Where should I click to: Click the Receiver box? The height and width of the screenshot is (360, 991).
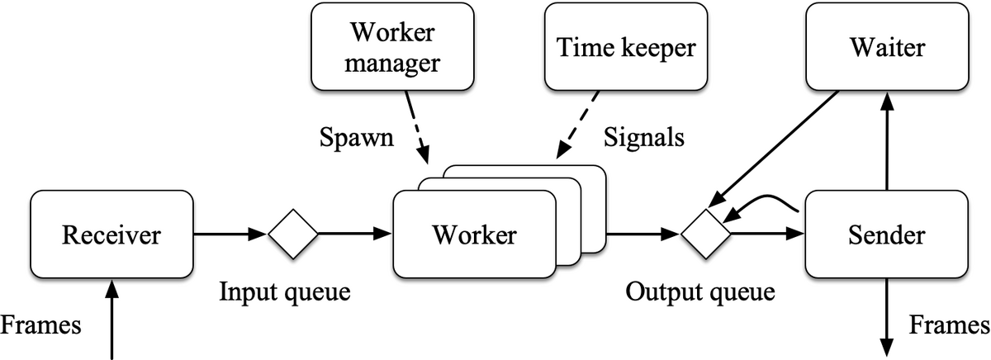(x=112, y=234)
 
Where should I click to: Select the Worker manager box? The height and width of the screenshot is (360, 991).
(x=392, y=47)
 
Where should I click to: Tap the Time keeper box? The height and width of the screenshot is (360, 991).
(x=626, y=47)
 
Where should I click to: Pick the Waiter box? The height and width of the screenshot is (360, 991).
(x=888, y=47)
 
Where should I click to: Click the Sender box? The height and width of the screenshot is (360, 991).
(x=887, y=234)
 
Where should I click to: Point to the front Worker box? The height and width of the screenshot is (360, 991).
(x=474, y=234)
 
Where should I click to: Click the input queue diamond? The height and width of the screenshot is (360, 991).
(x=293, y=234)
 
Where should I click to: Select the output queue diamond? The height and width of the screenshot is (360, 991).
(x=705, y=234)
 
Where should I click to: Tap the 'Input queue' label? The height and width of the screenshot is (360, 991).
(x=285, y=292)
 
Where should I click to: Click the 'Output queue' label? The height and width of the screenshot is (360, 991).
(x=700, y=292)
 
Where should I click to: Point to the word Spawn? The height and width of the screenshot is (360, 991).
(x=357, y=138)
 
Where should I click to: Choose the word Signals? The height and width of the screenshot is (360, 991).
(x=643, y=138)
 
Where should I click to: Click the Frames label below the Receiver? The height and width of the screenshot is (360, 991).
(x=40, y=325)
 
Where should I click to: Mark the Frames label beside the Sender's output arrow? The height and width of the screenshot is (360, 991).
(x=950, y=325)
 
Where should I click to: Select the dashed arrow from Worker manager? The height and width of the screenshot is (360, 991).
(x=417, y=127)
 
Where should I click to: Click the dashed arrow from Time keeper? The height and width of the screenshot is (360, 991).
(x=577, y=125)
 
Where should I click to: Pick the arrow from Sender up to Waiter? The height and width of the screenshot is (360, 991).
(x=887, y=140)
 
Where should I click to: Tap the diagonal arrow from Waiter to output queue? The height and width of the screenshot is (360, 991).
(x=773, y=149)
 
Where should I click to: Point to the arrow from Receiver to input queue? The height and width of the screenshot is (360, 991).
(x=230, y=234)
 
